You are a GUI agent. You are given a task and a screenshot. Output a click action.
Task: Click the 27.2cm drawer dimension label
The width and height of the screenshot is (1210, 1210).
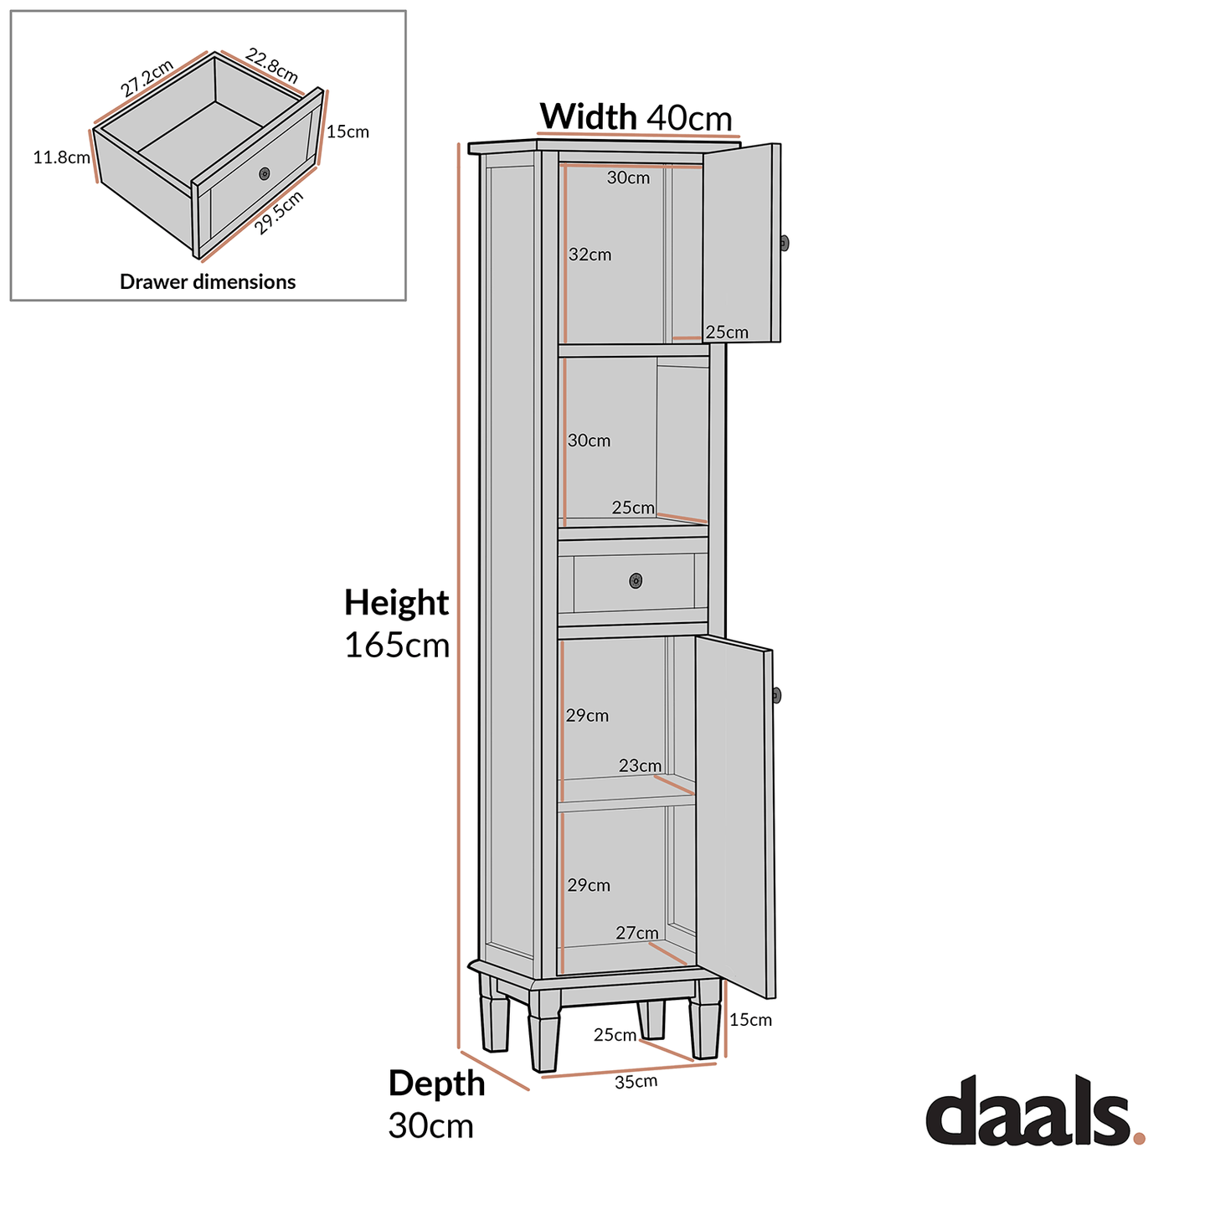(147, 79)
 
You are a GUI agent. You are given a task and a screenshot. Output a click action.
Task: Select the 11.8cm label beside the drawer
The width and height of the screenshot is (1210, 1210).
(61, 157)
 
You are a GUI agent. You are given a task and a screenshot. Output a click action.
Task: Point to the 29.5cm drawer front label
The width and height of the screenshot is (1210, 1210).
(279, 213)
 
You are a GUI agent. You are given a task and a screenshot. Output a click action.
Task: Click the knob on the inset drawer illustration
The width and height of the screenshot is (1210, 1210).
(265, 173)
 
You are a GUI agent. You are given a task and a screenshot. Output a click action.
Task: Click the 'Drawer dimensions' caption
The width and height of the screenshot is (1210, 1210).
(208, 282)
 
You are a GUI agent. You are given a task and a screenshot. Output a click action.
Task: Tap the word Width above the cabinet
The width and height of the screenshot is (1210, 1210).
(588, 116)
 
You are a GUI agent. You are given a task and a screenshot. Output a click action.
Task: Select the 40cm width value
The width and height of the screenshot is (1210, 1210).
(689, 118)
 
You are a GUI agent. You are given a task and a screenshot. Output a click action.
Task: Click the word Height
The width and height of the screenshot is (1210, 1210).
(396, 603)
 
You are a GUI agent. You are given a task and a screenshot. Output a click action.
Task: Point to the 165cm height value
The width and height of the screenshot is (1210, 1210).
(397, 646)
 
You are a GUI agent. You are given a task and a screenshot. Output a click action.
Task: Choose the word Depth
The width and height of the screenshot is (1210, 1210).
(436, 1084)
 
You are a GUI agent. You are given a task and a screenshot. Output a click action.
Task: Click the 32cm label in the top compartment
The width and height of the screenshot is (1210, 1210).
(590, 255)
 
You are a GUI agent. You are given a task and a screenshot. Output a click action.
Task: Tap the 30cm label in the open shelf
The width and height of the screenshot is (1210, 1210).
(589, 440)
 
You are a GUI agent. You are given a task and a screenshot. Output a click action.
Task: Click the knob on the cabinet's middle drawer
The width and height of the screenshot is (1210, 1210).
(636, 580)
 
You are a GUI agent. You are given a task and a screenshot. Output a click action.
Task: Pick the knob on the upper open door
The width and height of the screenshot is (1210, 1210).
(784, 243)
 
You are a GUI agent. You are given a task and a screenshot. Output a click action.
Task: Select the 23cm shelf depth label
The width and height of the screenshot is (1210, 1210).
(640, 765)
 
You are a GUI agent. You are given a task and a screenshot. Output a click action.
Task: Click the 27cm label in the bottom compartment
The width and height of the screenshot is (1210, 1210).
(636, 933)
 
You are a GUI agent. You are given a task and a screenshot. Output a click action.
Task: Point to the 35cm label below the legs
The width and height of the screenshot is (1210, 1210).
(636, 1081)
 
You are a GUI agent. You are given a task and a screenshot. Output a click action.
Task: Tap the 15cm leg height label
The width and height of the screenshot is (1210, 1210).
(750, 1020)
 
